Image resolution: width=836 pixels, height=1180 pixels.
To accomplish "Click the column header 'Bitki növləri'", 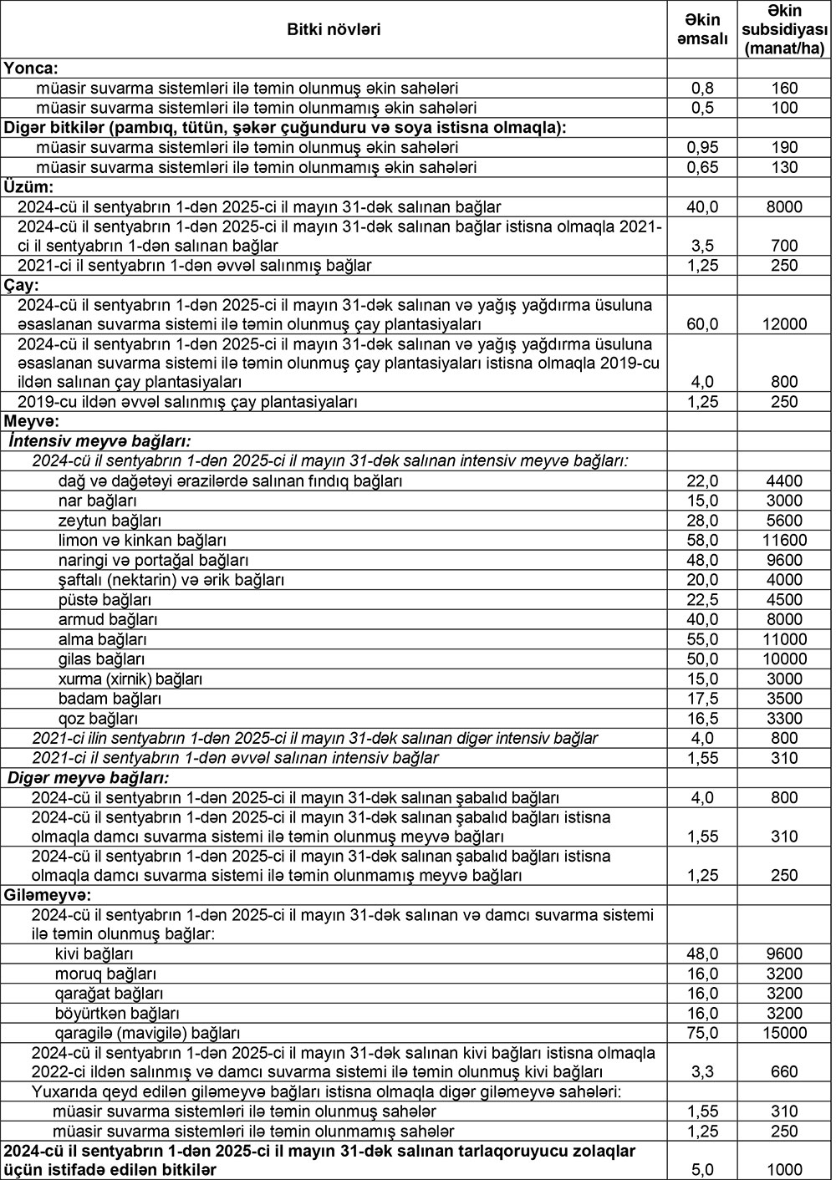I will click(334, 30).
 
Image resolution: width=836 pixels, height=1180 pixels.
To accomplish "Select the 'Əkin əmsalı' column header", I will click(701, 30).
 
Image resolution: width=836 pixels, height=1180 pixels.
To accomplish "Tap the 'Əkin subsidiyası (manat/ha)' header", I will click(784, 30).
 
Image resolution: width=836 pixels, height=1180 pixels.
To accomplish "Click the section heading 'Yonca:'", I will click(31, 69).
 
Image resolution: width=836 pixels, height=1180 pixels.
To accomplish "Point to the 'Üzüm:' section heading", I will click(29, 186).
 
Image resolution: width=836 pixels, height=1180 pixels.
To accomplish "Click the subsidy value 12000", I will click(784, 324).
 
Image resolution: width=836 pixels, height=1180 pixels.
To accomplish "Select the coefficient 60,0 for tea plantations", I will click(701, 324).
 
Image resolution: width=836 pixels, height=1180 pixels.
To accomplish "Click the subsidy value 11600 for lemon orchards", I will click(784, 541).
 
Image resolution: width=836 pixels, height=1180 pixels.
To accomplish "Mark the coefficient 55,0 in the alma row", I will click(701, 639).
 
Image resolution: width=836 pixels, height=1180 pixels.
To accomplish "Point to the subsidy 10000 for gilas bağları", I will click(784, 659).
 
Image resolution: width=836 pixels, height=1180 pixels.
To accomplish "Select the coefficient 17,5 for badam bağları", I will click(701, 699).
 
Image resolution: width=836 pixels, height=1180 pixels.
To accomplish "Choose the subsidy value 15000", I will click(784, 1033).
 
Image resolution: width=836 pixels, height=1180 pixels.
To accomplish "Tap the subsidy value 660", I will click(784, 1072).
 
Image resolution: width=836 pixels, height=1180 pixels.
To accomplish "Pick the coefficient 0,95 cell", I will click(701, 147).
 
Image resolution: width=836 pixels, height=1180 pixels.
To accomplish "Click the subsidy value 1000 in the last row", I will click(784, 1170).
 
